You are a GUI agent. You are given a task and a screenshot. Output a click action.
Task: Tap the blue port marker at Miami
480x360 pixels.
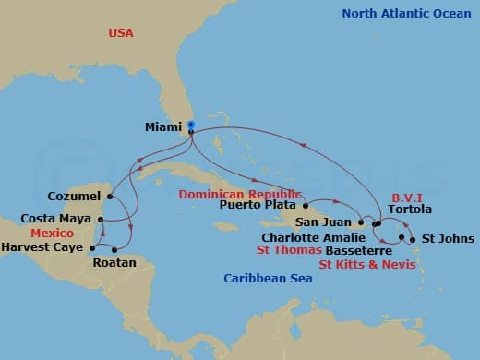click(x=190, y=125)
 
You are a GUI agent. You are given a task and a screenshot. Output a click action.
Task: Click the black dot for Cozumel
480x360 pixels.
click(x=109, y=196)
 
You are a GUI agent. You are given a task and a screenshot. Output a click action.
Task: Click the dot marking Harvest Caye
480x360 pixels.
click(x=93, y=247)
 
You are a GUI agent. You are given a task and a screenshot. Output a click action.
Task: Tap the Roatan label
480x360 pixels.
click(x=114, y=263)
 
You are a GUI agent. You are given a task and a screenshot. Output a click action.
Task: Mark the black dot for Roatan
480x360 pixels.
click(x=114, y=249)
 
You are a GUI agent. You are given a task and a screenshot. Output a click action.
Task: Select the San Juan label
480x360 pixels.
click(x=324, y=222)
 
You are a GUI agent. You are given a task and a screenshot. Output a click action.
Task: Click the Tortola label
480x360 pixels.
click(x=410, y=210)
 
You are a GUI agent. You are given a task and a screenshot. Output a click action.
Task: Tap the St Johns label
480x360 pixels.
click(x=442, y=239)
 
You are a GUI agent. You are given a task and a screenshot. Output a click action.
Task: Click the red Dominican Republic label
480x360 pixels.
click(x=241, y=194)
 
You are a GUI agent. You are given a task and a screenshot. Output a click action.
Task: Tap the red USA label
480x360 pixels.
click(x=121, y=32)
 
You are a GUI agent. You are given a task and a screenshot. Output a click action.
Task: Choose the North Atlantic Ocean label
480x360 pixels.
click(x=402, y=13)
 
